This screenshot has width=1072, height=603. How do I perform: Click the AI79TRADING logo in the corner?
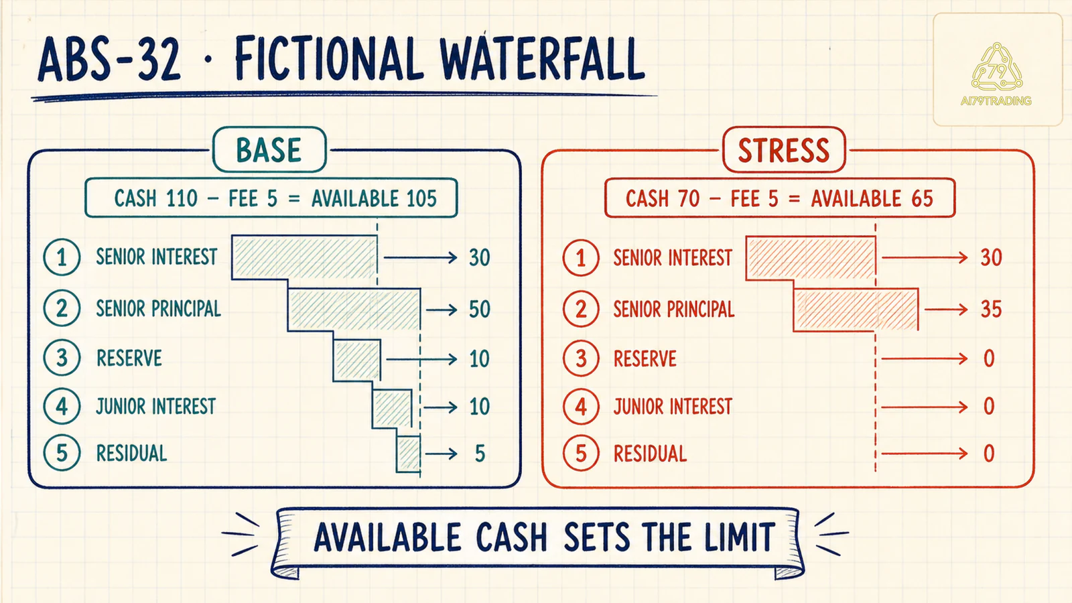pos(996,74)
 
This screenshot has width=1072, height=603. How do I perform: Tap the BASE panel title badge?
pos(269,150)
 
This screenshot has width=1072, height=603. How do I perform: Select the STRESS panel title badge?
pos(784,150)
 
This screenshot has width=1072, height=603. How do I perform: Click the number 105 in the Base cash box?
pos(421,198)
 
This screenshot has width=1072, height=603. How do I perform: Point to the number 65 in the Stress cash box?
pos(922,198)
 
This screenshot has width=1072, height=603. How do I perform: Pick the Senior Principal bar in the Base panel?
pos(354,310)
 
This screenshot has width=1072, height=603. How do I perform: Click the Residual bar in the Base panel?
pos(409,454)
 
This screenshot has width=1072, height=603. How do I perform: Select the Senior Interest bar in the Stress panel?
pos(811,258)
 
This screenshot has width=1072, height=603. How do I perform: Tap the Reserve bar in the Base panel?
pos(357,360)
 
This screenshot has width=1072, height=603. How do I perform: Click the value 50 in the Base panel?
pos(480,310)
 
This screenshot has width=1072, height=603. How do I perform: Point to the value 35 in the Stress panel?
pos(991,310)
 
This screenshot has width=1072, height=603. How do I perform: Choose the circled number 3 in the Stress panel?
pos(581,358)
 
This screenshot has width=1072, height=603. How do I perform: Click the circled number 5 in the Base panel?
pos(62,453)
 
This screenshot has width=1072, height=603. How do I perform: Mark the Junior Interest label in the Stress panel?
pos(673,407)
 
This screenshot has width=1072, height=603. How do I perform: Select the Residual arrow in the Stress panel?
pos(925,454)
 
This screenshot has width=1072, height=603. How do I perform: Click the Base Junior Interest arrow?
pos(440,407)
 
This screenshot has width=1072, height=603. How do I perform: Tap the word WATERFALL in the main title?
pos(542,59)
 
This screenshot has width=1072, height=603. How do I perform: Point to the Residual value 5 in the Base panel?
pos(480,454)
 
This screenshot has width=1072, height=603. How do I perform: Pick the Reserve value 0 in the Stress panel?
pos(989,358)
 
